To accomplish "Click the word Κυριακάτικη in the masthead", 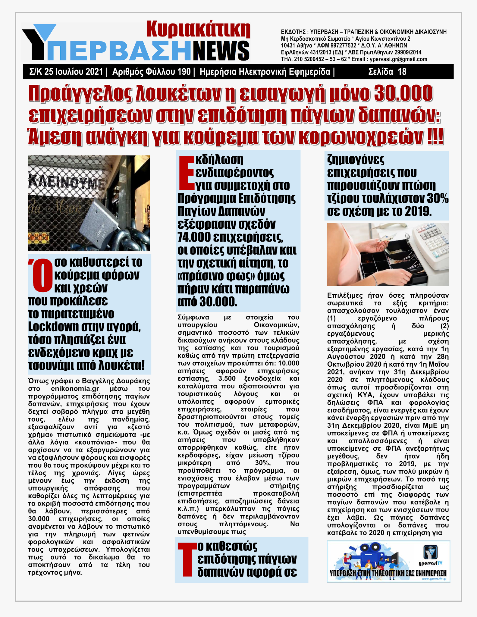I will point(198,30).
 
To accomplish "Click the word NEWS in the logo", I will point(221,51).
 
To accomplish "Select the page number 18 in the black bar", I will point(402,72).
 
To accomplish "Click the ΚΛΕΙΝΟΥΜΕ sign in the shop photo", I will point(65,182).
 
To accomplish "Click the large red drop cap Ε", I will point(186,172).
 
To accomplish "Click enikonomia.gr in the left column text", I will point(75,389).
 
